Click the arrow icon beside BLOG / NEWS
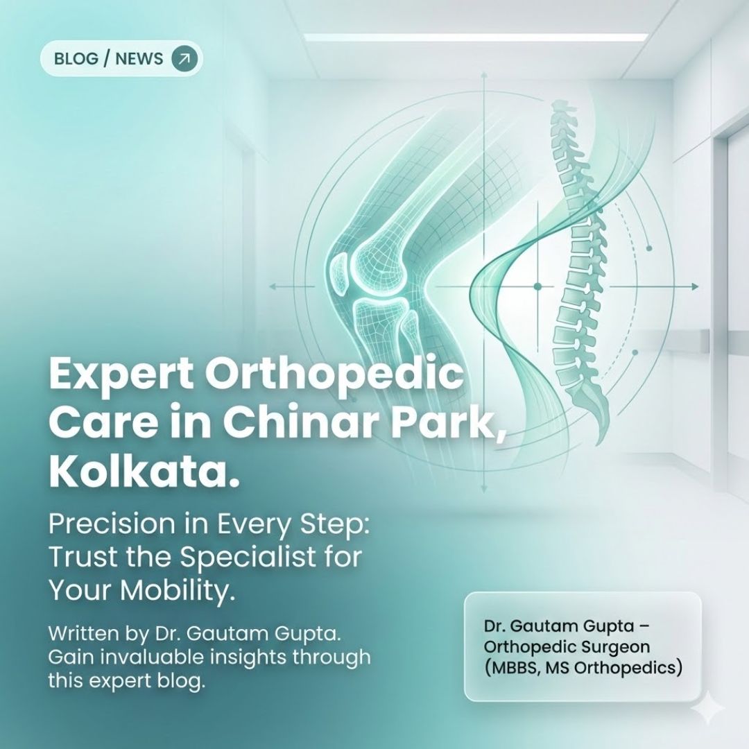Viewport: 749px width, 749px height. (184, 58)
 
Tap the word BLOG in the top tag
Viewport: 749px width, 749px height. (76, 58)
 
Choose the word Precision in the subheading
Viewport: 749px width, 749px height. (112, 525)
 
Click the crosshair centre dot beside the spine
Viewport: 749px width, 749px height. (537, 286)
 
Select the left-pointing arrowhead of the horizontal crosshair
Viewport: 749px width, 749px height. (272, 286)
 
